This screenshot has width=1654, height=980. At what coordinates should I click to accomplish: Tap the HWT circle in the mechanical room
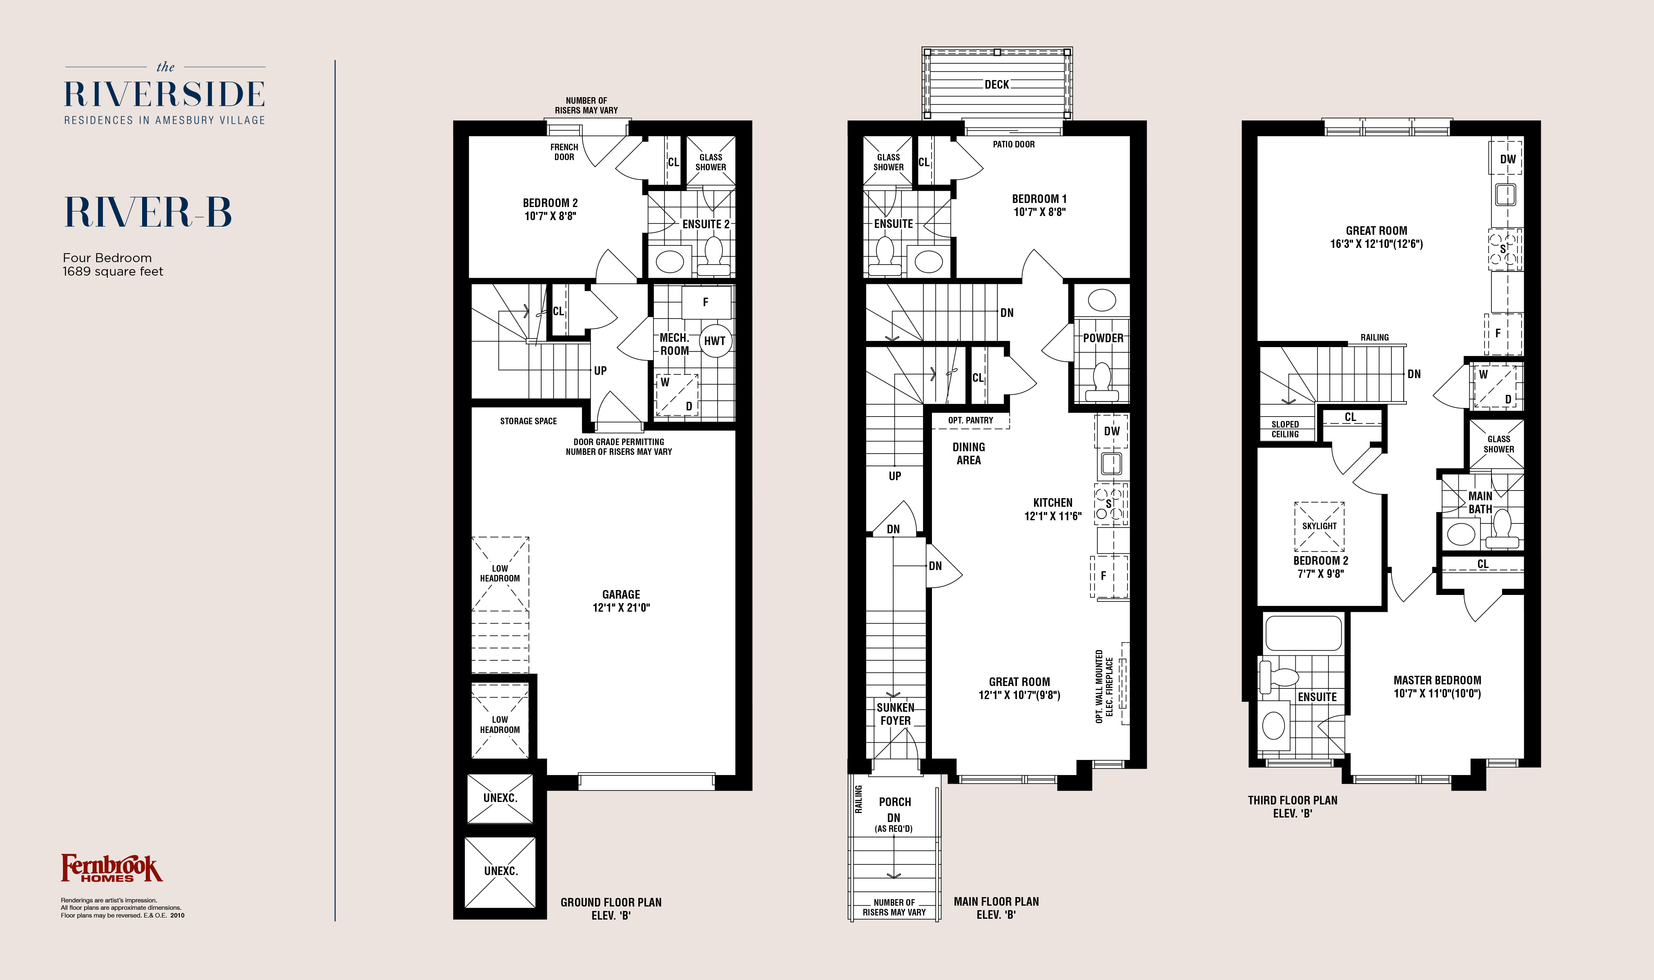pos(715,341)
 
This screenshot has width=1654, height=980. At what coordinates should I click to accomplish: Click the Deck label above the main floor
pos(996,85)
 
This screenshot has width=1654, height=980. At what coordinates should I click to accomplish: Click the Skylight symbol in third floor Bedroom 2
pos(1319,526)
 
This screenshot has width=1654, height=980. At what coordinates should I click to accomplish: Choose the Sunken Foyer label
pos(895,714)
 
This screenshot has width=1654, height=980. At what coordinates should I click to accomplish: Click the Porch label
pos(895,802)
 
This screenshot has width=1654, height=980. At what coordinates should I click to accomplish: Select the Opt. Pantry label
pos(970,420)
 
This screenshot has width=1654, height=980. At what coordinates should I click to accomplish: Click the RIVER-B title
pos(148,212)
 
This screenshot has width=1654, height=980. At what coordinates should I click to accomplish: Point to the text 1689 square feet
pos(113,272)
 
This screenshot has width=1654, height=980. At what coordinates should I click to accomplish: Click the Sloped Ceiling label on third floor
pos(1285,429)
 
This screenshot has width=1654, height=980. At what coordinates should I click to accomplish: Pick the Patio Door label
pos(1014,144)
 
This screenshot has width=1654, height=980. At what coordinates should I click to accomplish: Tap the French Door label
pos(564,152)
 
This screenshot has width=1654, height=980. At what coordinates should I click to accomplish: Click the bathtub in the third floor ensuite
pos(1303,633)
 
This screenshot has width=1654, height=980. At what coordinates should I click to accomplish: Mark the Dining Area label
pos(969,454)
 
